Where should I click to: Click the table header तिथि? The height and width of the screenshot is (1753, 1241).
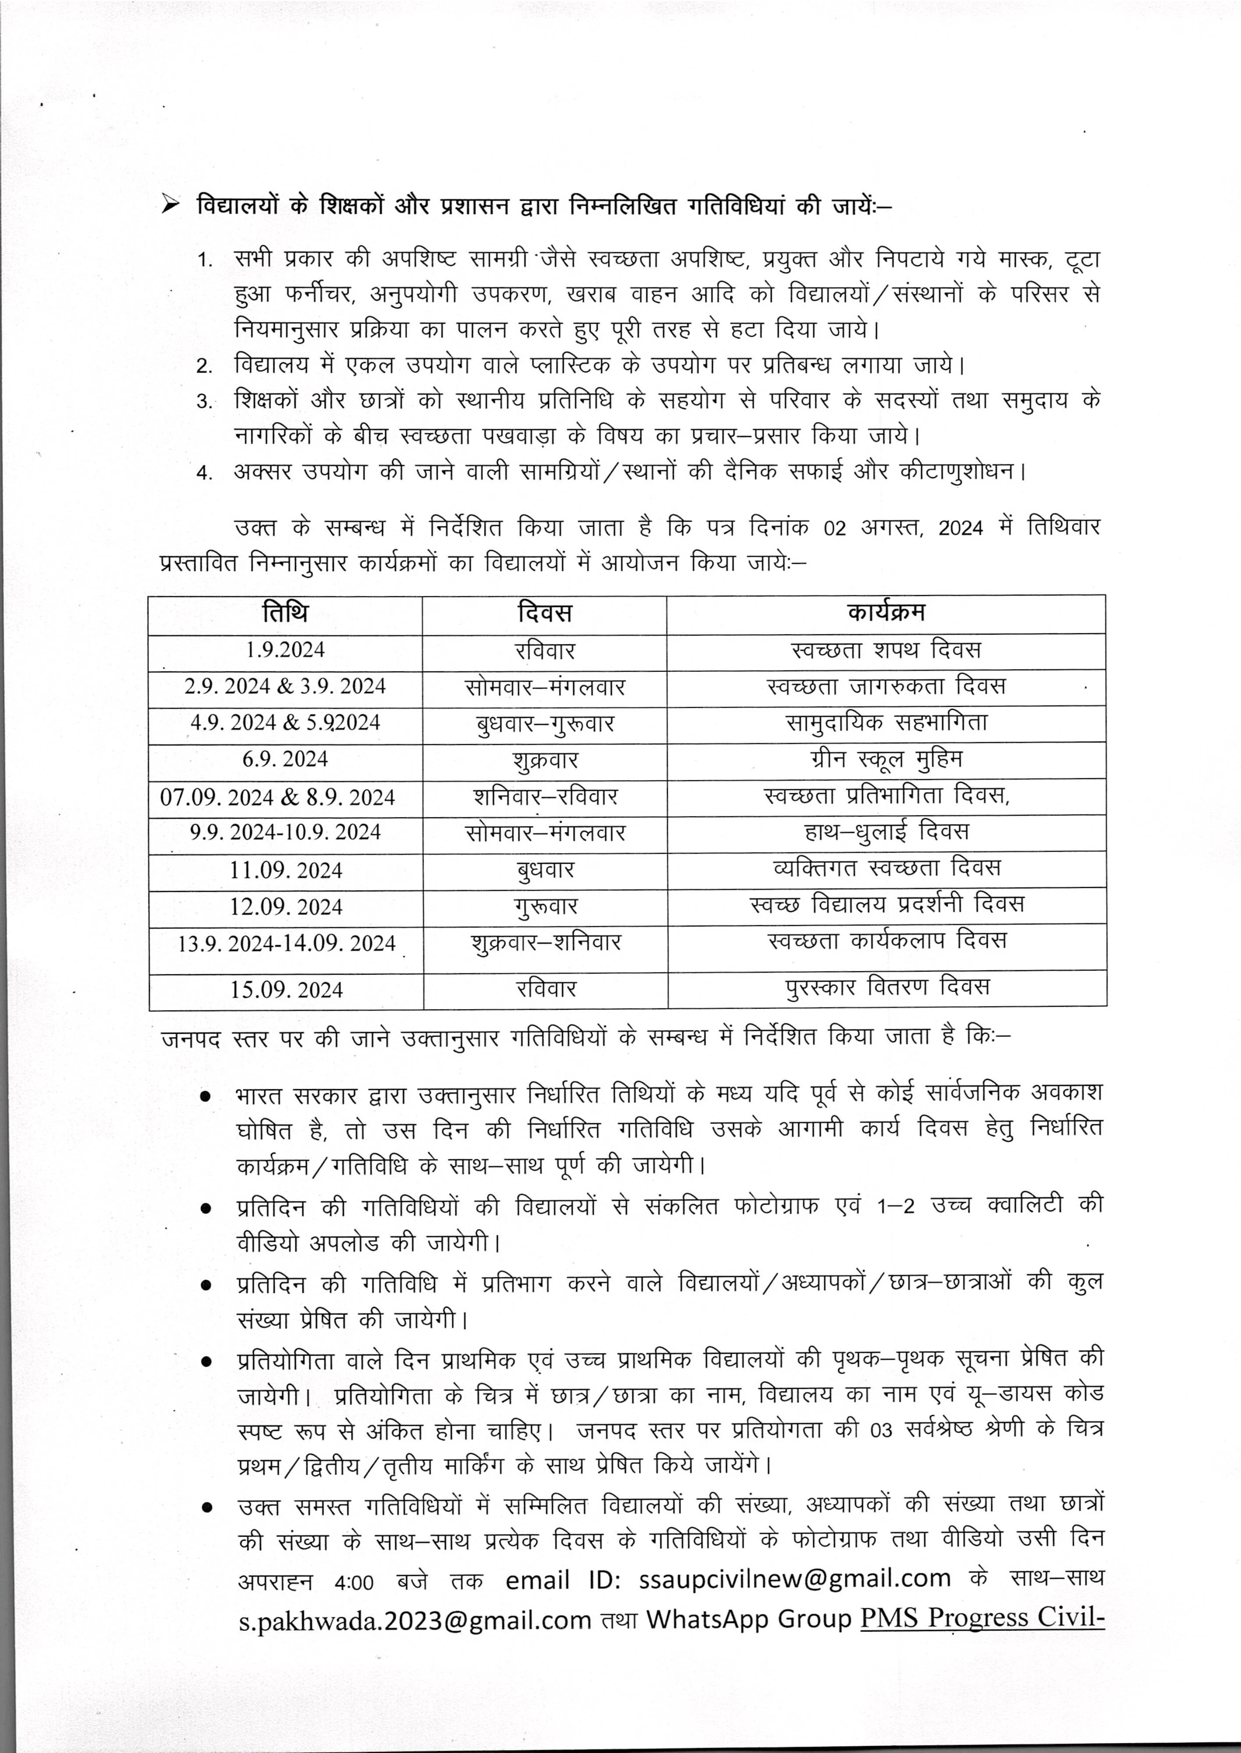tap(285, 613)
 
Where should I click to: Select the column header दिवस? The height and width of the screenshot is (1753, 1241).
tap(544, 613)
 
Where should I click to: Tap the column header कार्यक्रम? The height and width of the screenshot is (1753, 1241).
tap(886, 612)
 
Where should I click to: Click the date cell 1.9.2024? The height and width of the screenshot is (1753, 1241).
tap(285, 650)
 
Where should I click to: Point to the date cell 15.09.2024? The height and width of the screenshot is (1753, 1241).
tap(287, 990)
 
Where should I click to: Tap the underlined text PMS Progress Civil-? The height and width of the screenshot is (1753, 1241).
tap(983, 1617)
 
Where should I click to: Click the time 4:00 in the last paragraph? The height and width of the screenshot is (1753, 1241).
tap(353, 1582)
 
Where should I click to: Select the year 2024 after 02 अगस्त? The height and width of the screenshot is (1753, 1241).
tap(960, 528)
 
